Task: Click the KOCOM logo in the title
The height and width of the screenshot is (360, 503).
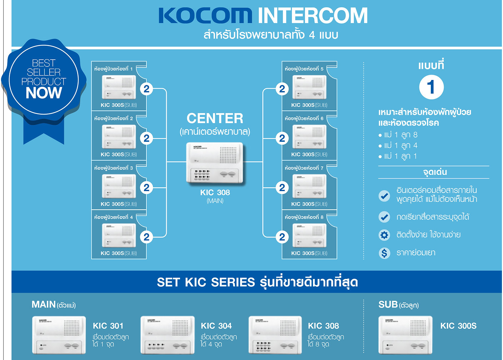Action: click(x=205, y=16)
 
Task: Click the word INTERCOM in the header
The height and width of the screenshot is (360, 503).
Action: click(x=312, y=16)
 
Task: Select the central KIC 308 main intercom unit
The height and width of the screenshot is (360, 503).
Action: click(x=215, y=163)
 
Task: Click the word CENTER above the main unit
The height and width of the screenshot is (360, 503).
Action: click(x=215, y=118)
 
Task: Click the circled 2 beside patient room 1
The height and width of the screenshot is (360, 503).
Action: click(x=146, y=89)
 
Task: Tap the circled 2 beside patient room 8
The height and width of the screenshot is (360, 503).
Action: click(x=282, y=237)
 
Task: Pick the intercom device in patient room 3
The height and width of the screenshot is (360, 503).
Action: click(x=119, y=186)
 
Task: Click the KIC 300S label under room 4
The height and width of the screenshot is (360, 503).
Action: click(x=119, y=253)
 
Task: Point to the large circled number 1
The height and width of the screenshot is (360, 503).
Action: click(x=431, y=87)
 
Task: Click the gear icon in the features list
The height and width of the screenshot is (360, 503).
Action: click(x=384, y=235)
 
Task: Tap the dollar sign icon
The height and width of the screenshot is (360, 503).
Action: click(x=384, y=253)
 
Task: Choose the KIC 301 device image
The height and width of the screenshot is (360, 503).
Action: click(x=59, y=335)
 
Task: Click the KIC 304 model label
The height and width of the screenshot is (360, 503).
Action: click(x=216, y=326)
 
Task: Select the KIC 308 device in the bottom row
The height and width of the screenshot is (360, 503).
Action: click(x=275, y=335)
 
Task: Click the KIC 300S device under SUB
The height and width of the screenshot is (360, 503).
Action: click(x=405, y=335)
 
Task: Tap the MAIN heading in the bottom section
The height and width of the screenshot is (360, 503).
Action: click(x=44, y=305)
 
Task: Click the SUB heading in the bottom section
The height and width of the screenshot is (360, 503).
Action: click(x=388, y=305)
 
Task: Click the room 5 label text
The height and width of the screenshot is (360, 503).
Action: click(x=304, y=69)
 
